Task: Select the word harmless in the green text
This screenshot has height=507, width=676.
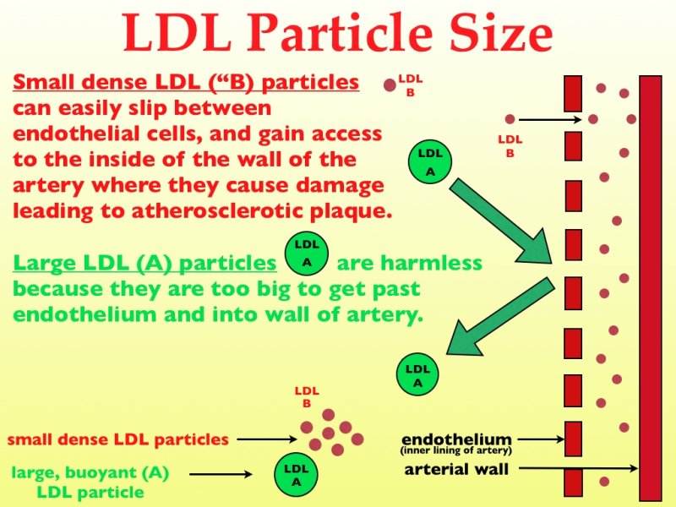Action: [409, 263]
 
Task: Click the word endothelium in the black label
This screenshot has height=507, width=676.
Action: [456, 439]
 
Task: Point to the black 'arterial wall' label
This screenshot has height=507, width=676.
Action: [456, 469]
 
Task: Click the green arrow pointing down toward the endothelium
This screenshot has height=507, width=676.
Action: [501, 221]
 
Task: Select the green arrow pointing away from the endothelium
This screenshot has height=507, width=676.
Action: [500, 316]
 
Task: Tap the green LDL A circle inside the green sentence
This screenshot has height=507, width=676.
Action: [307, 254]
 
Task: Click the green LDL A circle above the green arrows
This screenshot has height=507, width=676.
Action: [430, 163]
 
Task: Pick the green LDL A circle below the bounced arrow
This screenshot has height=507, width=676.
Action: [417, 374]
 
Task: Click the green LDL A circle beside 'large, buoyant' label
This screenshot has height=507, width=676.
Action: [297, 475]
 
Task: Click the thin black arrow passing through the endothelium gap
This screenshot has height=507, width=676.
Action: [551, 119]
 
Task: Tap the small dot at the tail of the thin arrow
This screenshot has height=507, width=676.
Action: [510, 119]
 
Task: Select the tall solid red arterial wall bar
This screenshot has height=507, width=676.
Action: [651, 288]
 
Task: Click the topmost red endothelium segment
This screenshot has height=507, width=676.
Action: [573, 94]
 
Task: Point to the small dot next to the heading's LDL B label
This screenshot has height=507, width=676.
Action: [390, 85]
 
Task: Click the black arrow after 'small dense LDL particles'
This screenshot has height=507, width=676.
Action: [267, 439]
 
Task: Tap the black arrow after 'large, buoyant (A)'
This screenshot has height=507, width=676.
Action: [221, 474]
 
